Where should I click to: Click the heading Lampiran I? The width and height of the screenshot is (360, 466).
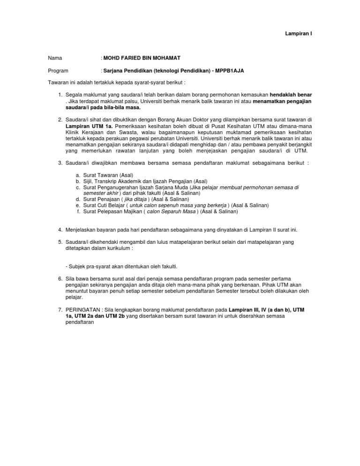[299, 34]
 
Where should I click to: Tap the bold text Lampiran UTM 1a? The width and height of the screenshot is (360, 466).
[88, 127]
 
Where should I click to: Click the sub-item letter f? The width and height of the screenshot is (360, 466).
[78, 211]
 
